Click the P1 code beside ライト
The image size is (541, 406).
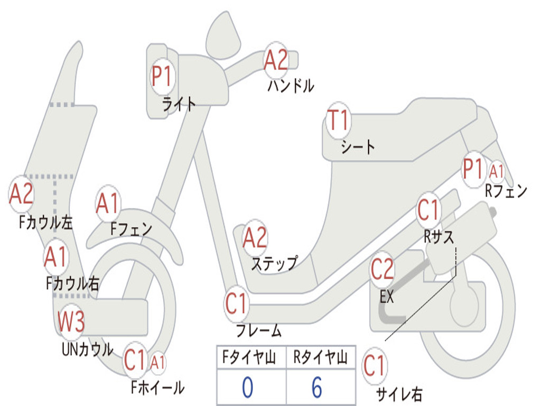(x=162, y=77)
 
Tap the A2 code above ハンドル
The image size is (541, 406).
(x=276, y=60)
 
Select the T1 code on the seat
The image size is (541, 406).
(x=339, y=122)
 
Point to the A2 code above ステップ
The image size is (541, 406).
(x=255, y=238)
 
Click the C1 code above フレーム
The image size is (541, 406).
(x=237, y=304)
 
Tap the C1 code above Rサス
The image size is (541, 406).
(x=428, y=210)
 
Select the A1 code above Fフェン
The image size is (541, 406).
(x=108, y=204)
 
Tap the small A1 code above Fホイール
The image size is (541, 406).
(x=158, y=363)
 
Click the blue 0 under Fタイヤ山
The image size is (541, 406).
(x=247, y=387)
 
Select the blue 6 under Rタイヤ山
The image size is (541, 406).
(x=316, y=387)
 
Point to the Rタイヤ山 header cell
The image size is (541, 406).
(x=320, y=358)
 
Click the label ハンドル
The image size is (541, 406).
(x=291, y=85)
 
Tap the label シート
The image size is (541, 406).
(x=358, y=146)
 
